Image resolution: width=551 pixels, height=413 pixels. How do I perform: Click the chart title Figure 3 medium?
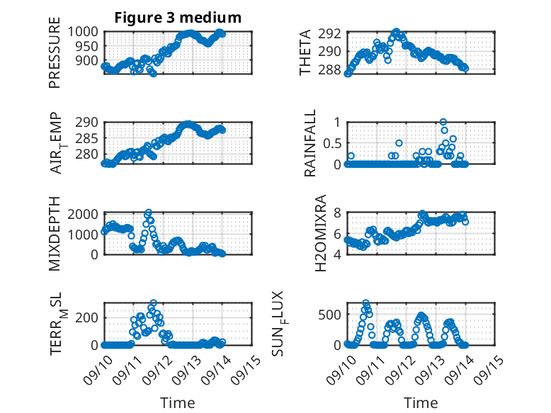pyautogui.click(x=178, y=18)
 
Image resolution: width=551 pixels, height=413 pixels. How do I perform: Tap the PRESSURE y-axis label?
pyautogui.click(x=55, y=57)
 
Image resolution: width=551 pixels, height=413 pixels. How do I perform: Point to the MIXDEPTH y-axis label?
pyautogui.click(x=55, y=234)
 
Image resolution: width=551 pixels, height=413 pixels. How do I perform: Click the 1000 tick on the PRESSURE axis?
pyautogui.click(x=86, y=32)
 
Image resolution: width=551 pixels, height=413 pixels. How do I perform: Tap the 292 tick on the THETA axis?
pyautogui.click(x=333, y=33)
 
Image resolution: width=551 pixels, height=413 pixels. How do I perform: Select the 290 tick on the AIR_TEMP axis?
pyautogui.click(x=91, y=122)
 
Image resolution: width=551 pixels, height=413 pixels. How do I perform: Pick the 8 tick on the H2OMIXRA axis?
pyautogui.click(x=338, y=213)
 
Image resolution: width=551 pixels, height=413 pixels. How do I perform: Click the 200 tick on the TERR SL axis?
pyautogui.click(x=91, y=317)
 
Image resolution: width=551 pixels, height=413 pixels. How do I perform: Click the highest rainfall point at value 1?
pyautogui.click(x=443, y=122)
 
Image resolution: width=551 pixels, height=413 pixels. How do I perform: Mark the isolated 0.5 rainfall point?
pyautogui.click(x=399, y=143)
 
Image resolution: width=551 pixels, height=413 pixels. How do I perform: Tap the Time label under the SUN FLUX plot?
pyautogui.click(x=421, y=402)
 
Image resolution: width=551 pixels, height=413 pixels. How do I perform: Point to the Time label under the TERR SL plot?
pyautogui.click(x=178, y=402)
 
